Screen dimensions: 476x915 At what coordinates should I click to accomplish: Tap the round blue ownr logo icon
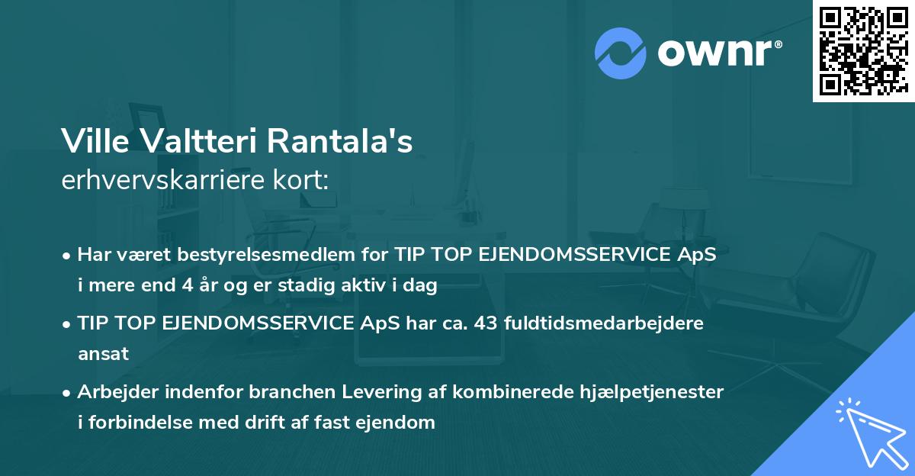(x=620, y=53)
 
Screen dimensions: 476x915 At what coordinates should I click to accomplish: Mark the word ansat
(x=103, y=354)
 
